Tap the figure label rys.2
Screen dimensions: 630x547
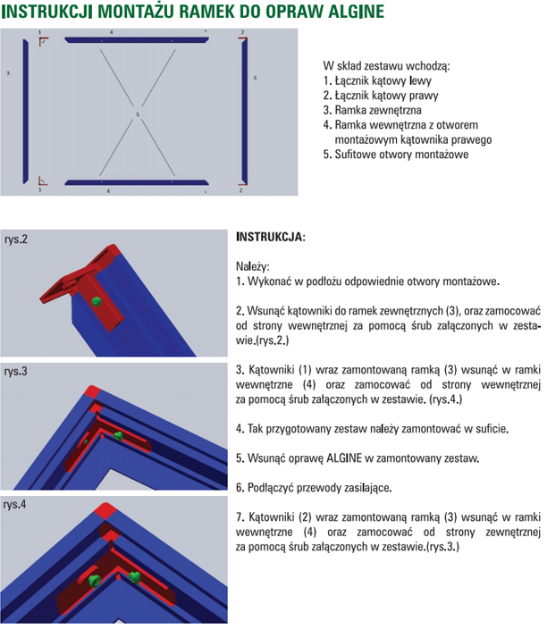pos(16,239)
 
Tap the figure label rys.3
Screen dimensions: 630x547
pos(16,370)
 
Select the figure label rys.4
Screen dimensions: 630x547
pos(16,505)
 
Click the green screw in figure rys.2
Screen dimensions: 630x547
pos(96,301)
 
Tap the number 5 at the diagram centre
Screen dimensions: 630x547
pos(137,115)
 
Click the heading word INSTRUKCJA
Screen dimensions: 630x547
pos(269,239)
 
